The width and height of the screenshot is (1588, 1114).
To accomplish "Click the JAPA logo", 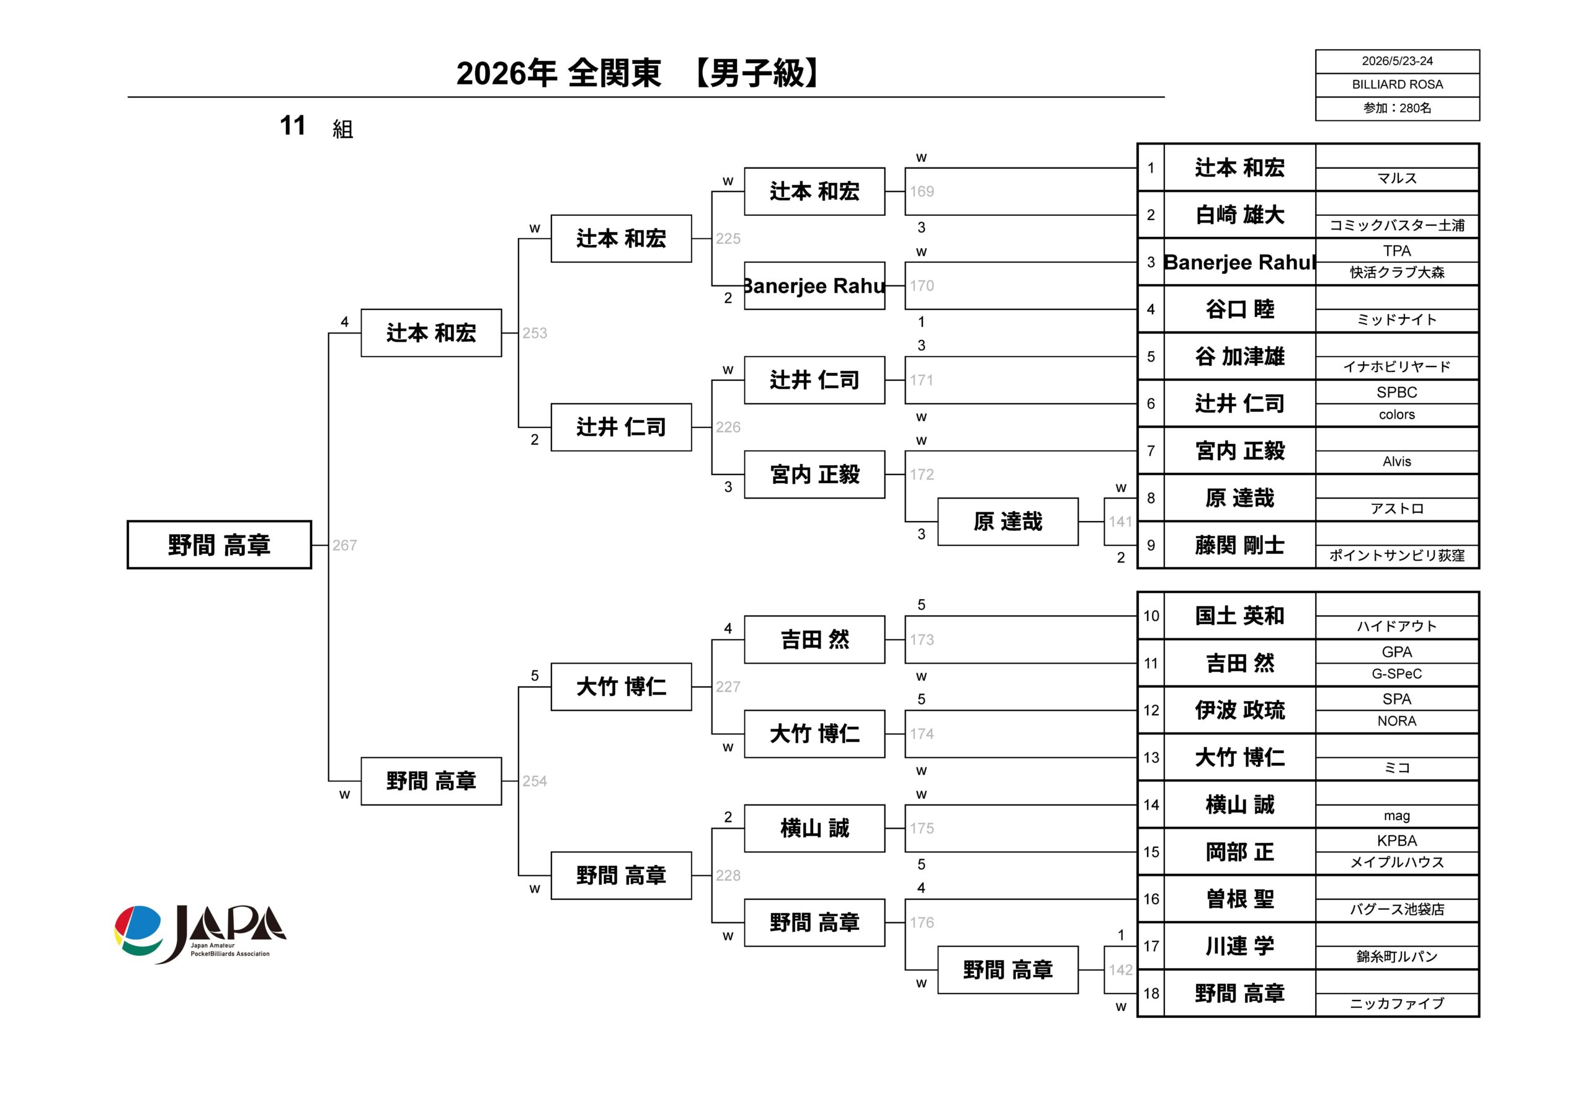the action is pyautogui.click(x=200, y=934).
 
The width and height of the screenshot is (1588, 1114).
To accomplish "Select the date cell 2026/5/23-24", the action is pyautogui.click(x=1397, y=61).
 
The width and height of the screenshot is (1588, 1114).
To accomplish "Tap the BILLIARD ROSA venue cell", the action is pyautogui.click(x=1397, y=84).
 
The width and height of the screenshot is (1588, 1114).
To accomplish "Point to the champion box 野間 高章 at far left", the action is pyautogui.click(x=219, y=545).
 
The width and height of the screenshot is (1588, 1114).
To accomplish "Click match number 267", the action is pyautogui.click(x=344, y=546).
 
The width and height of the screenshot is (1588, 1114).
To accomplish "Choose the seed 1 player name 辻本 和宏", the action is pyautogui.click(x=1239, y=167).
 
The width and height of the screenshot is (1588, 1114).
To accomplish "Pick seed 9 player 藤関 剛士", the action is pyautogui.click(x=1239, y=545).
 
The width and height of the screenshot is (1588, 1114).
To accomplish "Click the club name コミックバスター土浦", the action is pyautogui.click(x=1397, y=225).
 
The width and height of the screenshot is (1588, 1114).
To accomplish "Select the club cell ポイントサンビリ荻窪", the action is pyautogui.click(x=1397, y=555).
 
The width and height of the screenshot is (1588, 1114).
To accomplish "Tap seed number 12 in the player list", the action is pyautogui.click(x=1151, y=710).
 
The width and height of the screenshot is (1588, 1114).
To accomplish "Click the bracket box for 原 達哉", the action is pyautogui.click(x=1008, y=522).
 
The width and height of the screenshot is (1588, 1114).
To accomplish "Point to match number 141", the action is pyautogui.click(x=1120, y=522).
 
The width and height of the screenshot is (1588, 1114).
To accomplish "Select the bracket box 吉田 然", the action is pyautogui.click(x=814, y=639).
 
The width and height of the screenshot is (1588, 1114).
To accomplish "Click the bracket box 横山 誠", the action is pyautogui.click(x=814, y=827).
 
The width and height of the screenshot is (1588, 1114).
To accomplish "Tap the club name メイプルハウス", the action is pyautogui.click(x=1397, y=862).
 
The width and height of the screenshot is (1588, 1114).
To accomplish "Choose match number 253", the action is pyautogui.click(x=535, y=333).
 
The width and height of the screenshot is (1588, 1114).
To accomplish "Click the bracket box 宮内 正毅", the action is pyautogui.click(x=814, y=475).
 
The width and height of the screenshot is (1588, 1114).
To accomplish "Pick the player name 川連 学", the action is pyautogui.click(x=1239, y=946).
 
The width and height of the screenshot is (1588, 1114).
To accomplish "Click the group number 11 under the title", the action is pyautogui.click(x=293, y=126).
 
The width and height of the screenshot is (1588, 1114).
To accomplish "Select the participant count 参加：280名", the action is pyautogui.click(x=1397, y=109).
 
